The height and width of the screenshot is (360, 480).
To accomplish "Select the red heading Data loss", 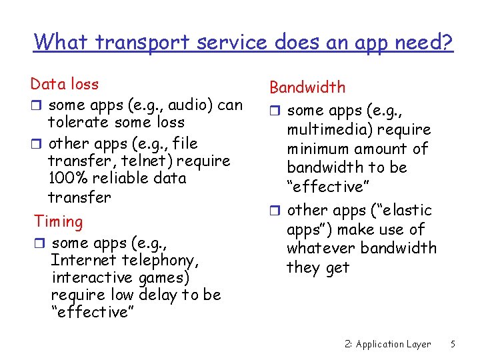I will [x=65, y=84].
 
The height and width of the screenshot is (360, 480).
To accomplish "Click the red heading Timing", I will [x=59, y=221].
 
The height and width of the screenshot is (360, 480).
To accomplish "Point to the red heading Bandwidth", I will [x=307, y=87].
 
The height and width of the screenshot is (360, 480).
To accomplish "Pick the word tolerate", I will [x=79, y=123].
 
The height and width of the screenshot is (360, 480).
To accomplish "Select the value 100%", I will [x=67, y=179].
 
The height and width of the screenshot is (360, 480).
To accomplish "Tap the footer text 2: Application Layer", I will [x=388, y=344].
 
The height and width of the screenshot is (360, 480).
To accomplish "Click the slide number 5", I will [x=453, y=344].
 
